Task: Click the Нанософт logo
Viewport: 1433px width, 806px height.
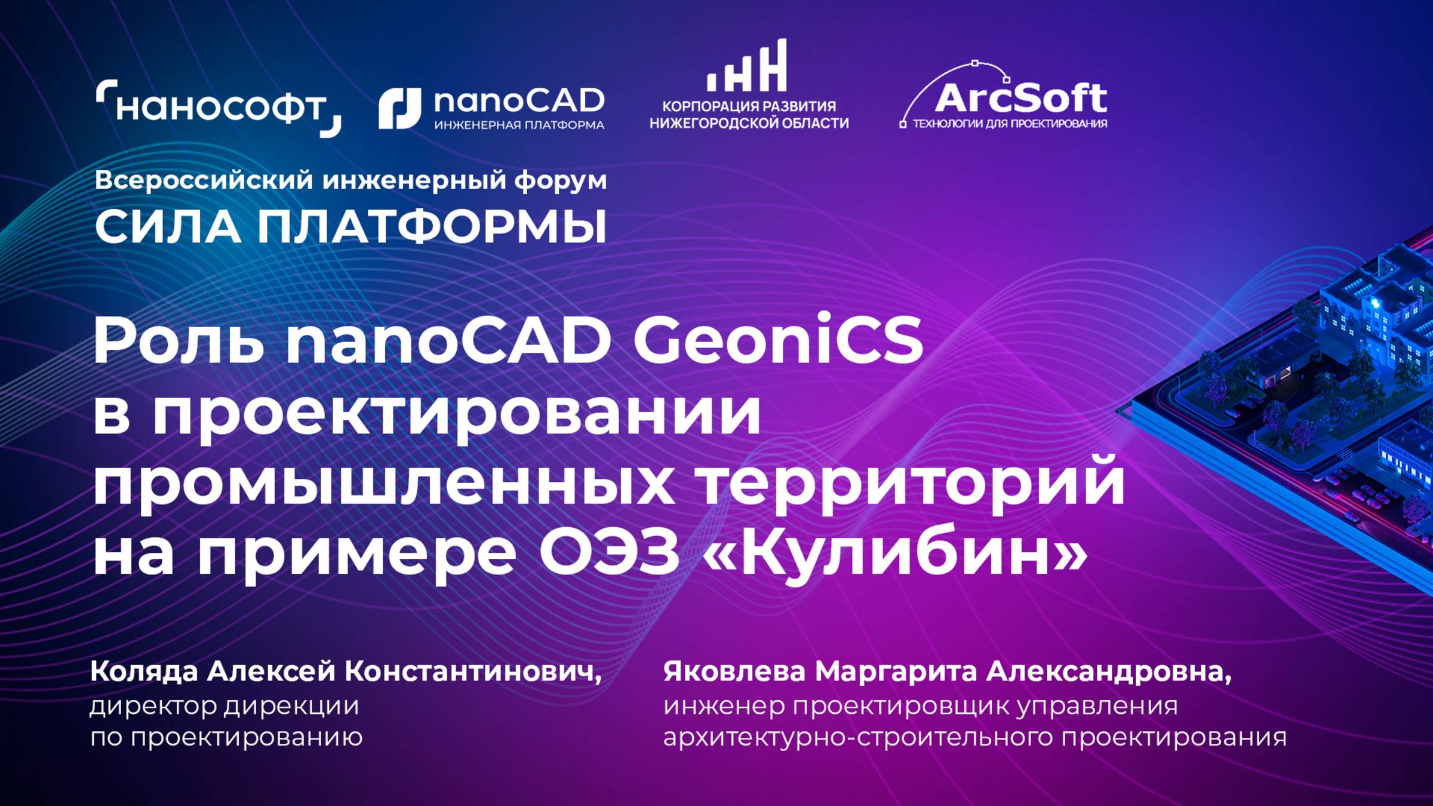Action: [x=218, y=109]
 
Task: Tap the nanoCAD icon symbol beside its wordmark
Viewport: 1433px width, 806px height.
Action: [x=399, y=109]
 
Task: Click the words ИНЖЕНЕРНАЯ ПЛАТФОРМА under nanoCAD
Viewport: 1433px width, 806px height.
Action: [x=519, y=125]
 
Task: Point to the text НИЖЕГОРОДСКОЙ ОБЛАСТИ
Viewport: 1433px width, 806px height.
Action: [x=749, y=124]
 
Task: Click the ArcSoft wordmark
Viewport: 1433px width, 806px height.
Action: [x=1020, y=99]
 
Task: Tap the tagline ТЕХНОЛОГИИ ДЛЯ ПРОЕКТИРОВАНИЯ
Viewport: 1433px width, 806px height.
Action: [x=1009, y=124]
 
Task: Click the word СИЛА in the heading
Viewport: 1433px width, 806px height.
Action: [x=168, y=227]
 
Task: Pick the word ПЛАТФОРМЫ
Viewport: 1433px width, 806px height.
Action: [x=432, y=227]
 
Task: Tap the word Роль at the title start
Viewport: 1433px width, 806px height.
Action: [x=179, y=340]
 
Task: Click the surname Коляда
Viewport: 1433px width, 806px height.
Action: [x=143, y=672]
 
